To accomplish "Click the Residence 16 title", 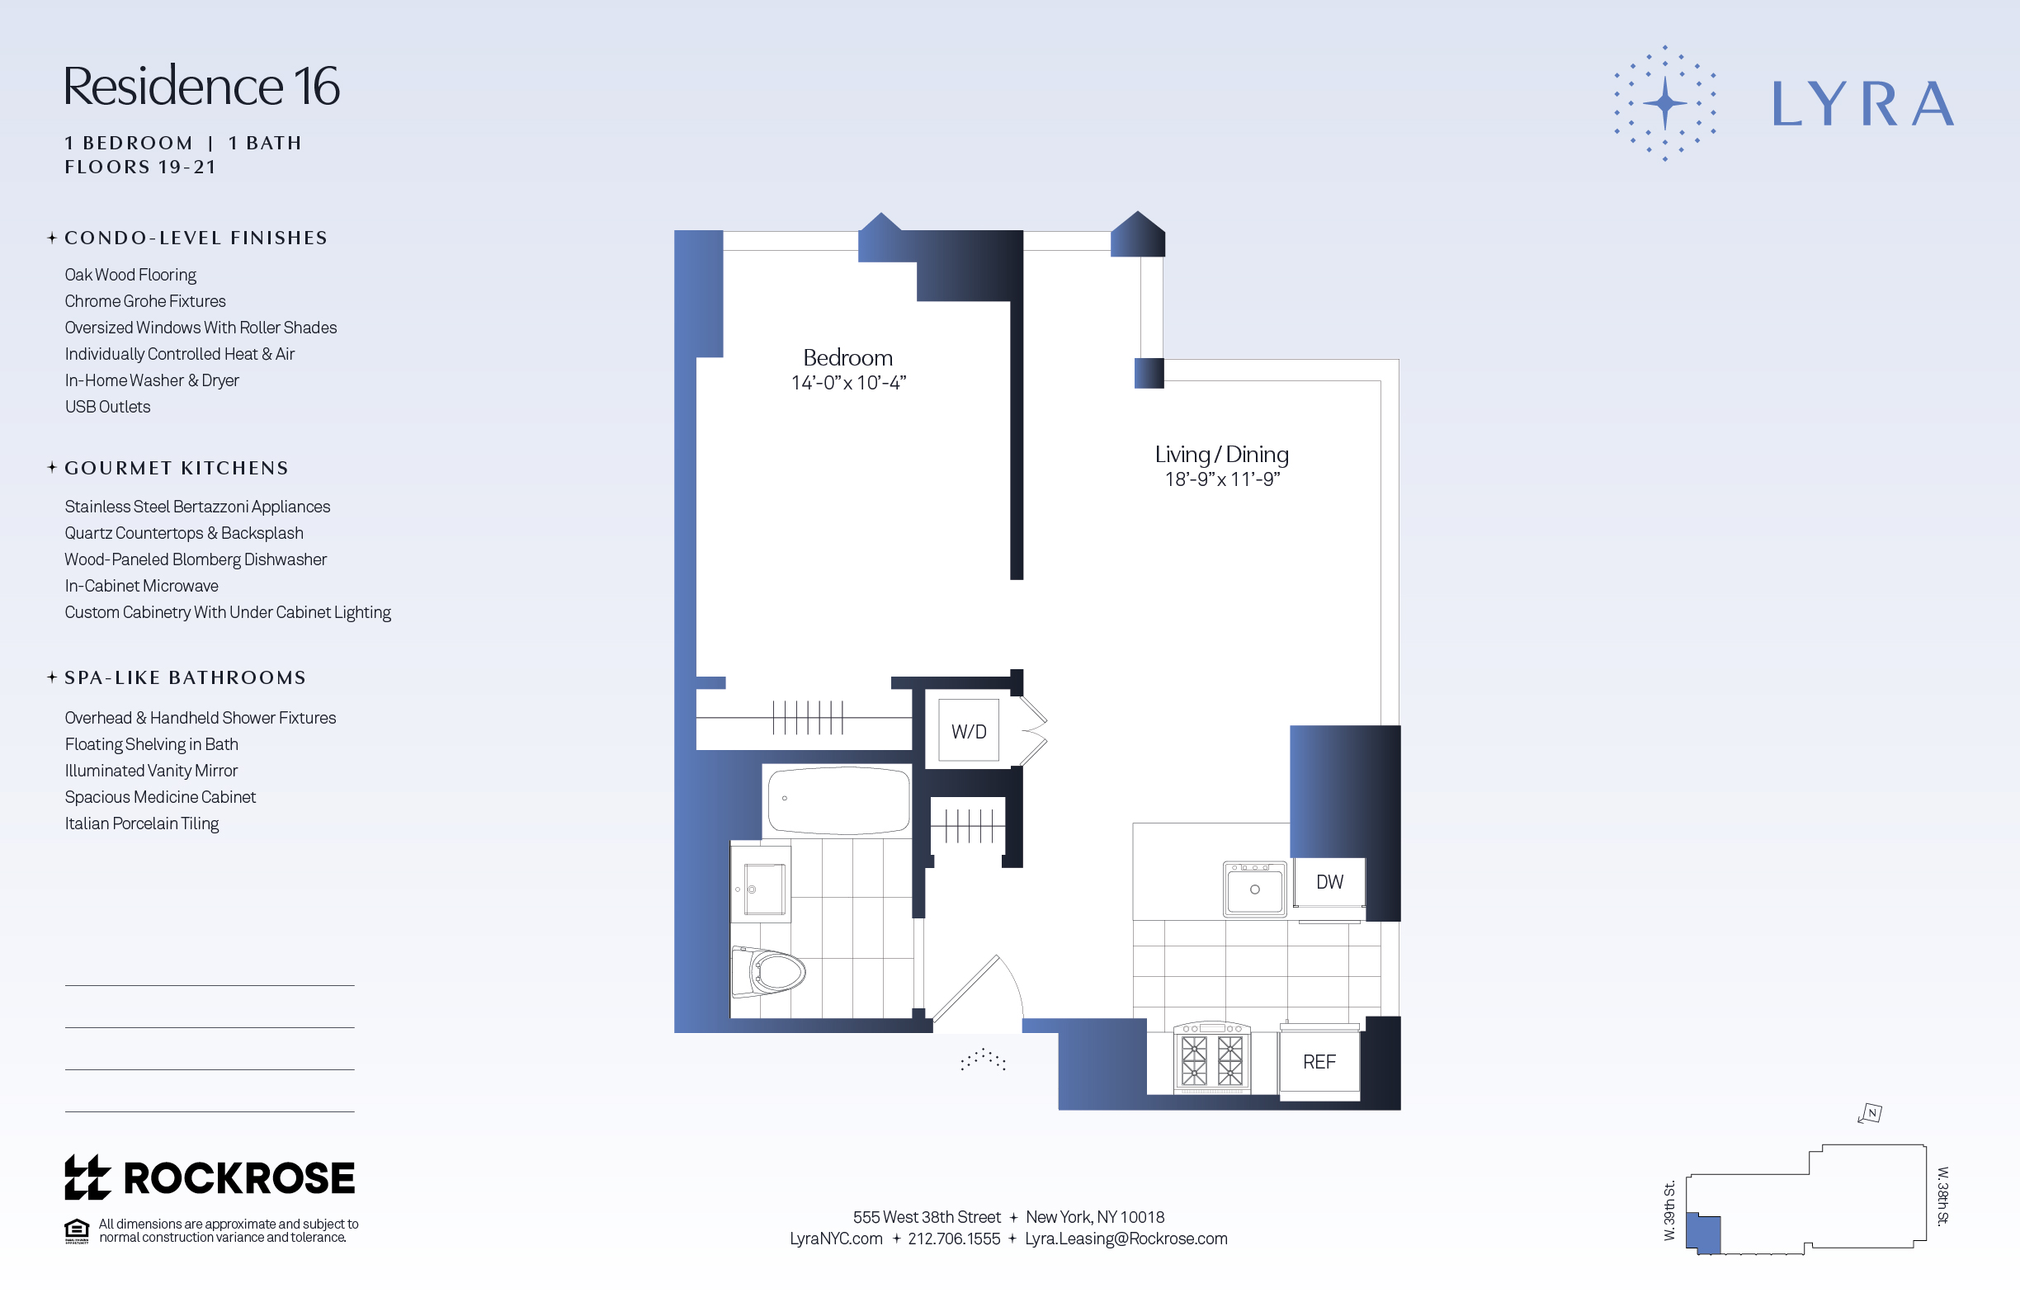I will pyautogui.click(x=201, y=87).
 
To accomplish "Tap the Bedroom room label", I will pyautogui.click(x=847, y=357).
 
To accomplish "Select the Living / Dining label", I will pyautogui.click(x=1221, y=454).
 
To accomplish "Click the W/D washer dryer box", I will pyautogui.click(x=969, y=731).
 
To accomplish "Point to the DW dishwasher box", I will pyautogui.click(x=1329, y=882).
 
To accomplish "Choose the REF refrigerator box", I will pyautogui.click(x=1319, y=1062).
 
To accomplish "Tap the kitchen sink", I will pyautogui.click(x=1254, y=889).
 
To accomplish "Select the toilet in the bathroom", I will pyautogui.click(x=772, y=972).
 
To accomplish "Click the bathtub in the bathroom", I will pyautogui.click(x=838, y=800).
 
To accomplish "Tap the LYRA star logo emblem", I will pyautogui.click(x=1664, y=103).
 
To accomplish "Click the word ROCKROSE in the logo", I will pyautogui.click(x=238, y=1178).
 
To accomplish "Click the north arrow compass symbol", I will pyautogui.click(x=1871, y=1112).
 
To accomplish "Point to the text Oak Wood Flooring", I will pyautogui.click(x=130, y=275).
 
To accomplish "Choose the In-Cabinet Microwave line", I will pyautogui.click(x=141, y=586).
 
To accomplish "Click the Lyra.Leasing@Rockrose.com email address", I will pyautogui.click(x=1126, y=1239).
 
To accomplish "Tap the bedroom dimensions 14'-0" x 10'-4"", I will pyautogui.click(x=848, y=383).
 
